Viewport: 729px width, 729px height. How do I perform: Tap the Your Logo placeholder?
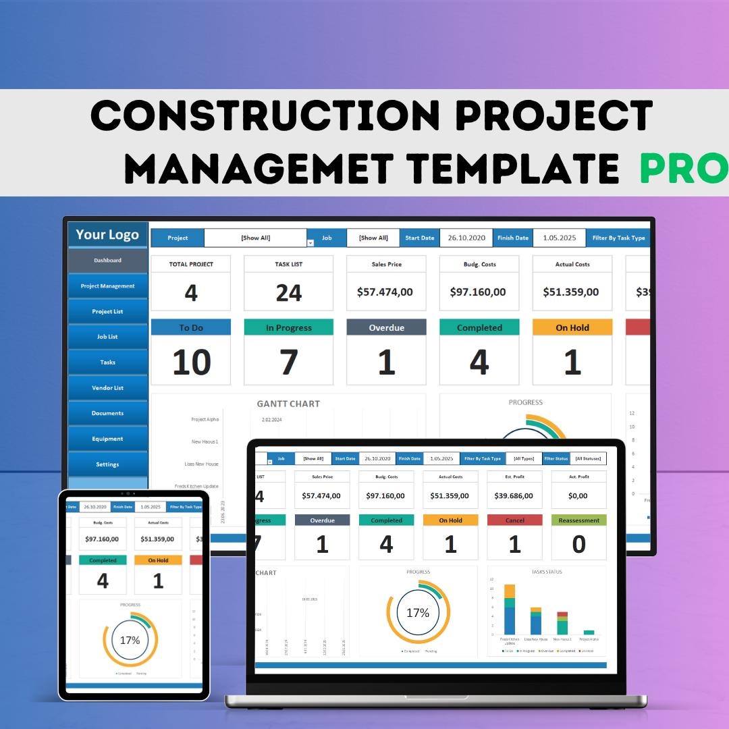(107, 234)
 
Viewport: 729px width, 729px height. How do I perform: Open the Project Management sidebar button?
(108, 286)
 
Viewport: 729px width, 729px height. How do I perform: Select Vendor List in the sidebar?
(108, 388)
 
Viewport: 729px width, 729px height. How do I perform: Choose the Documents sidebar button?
(108, 413)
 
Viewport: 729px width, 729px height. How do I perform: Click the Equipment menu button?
(108, 439)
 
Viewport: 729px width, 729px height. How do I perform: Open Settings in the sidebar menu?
(108, 464)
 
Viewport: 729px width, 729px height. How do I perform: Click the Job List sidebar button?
(108, 337)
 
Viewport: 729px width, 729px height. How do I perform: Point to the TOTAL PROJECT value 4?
(191, 293)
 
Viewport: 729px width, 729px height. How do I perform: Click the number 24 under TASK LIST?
(289, 293)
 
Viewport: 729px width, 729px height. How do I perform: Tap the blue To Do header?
(191, 328)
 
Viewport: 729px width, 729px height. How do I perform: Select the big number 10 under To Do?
(191, 362)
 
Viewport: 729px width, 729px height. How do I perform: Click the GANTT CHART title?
(288, 404)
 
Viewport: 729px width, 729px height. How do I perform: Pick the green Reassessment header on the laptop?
(578, 520)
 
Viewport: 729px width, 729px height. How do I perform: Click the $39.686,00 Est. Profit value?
(514, 496)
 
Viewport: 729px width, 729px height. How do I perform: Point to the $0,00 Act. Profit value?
(578, 496)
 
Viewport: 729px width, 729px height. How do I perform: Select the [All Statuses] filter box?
(589, 459)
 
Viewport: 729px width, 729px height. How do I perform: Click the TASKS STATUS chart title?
(547, 572)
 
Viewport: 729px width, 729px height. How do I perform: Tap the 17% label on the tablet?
(130, 640)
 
